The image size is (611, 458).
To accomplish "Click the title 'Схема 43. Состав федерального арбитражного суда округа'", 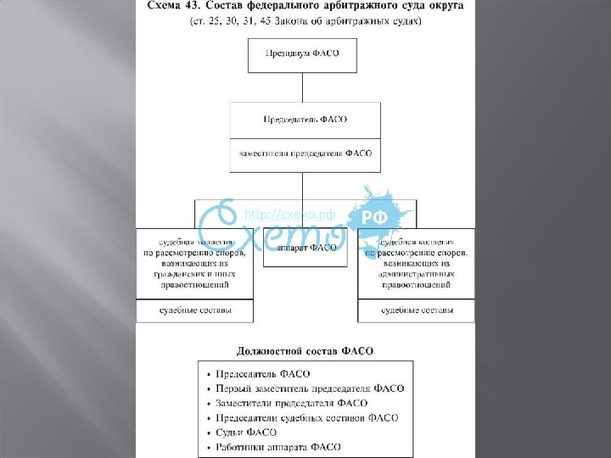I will pyautogui.click(x=305, y=7).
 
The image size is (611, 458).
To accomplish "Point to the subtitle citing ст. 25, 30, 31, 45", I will pyautogui.click(x=305, y=23).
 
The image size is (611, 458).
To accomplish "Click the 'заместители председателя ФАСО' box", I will pyautogui.click(x=305, y=154).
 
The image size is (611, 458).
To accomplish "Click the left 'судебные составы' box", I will pyautogui.click(x=195, y=310).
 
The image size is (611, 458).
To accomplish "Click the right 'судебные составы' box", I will pyautogui.click(x=416, y=310).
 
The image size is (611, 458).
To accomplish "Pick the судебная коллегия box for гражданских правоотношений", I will pyautogui.click(x=195, y=263).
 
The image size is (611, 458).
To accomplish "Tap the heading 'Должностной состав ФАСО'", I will pyautogui.click(x=305, y=349).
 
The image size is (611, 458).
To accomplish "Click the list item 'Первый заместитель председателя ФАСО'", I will pyautogui.click(x=310, y=388).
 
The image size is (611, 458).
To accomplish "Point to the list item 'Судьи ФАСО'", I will pyautogui.click(x=246, y=432).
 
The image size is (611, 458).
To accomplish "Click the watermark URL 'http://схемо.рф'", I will pyautogui.click(x=280, y=215).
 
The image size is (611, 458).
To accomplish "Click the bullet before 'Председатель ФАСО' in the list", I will pyautogui.click(x=209, y=374).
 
